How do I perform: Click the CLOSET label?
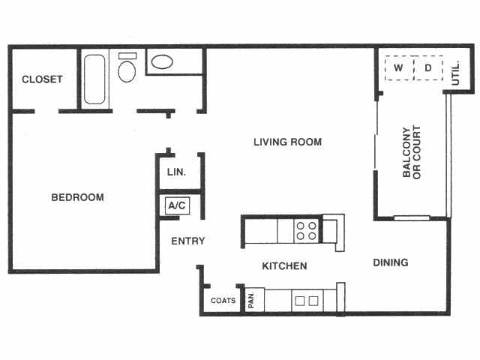tap(42, 79)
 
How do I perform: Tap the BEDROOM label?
tap(77, 198)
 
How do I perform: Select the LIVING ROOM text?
tap(287, 142)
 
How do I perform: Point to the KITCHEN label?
tap(284, 266)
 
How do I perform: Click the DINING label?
tap(391, 262)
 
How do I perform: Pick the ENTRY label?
tap(188, 241)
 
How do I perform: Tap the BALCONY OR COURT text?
tap(412, 152)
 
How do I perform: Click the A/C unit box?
tap(176, 205)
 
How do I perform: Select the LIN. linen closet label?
tap(176, 172)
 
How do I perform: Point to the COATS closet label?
tap(223, 301)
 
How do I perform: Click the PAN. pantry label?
tap(252, 300)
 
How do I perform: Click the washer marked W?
tap(399, 69)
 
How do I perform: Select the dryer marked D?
tap(428, 69)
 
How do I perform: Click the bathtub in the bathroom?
tap(95, 79)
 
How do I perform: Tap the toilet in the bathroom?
tap(127, 70)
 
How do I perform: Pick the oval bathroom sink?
tap(161, 62)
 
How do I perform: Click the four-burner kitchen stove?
tap(305, 230)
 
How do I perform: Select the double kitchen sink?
tap(305, 301)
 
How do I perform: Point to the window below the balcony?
tap(412, 219)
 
